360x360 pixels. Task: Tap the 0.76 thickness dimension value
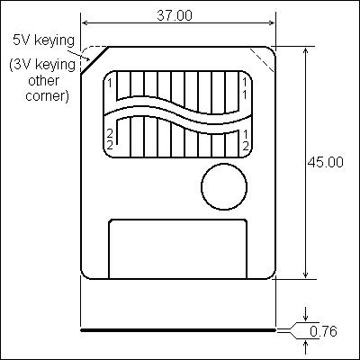[323, 331]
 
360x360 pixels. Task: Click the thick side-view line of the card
[177, 330]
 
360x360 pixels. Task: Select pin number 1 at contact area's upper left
[109, 84]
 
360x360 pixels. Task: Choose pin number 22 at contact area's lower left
[110, 139]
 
